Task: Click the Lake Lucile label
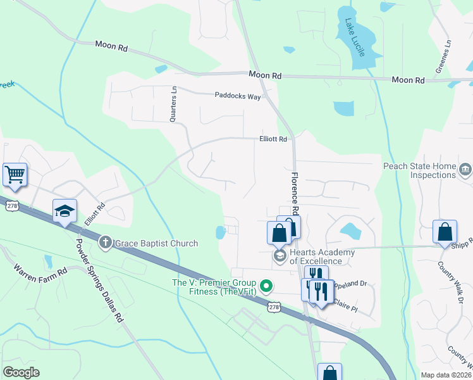(355, 37)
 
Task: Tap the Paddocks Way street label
(238, 96)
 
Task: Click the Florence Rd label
(295, 193)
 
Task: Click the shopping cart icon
(15, 174)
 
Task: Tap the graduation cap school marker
(64, 210)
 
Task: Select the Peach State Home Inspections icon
(465, 168)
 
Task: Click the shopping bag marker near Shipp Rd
(445, 231)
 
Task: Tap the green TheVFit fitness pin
(266, 287)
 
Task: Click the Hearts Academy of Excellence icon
(279, 255)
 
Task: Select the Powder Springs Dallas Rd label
(98, 280)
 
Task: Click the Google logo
(21, 372)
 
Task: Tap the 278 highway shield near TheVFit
(273, 307)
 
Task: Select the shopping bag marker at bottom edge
(329, 373)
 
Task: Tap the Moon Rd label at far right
(408, 80)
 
